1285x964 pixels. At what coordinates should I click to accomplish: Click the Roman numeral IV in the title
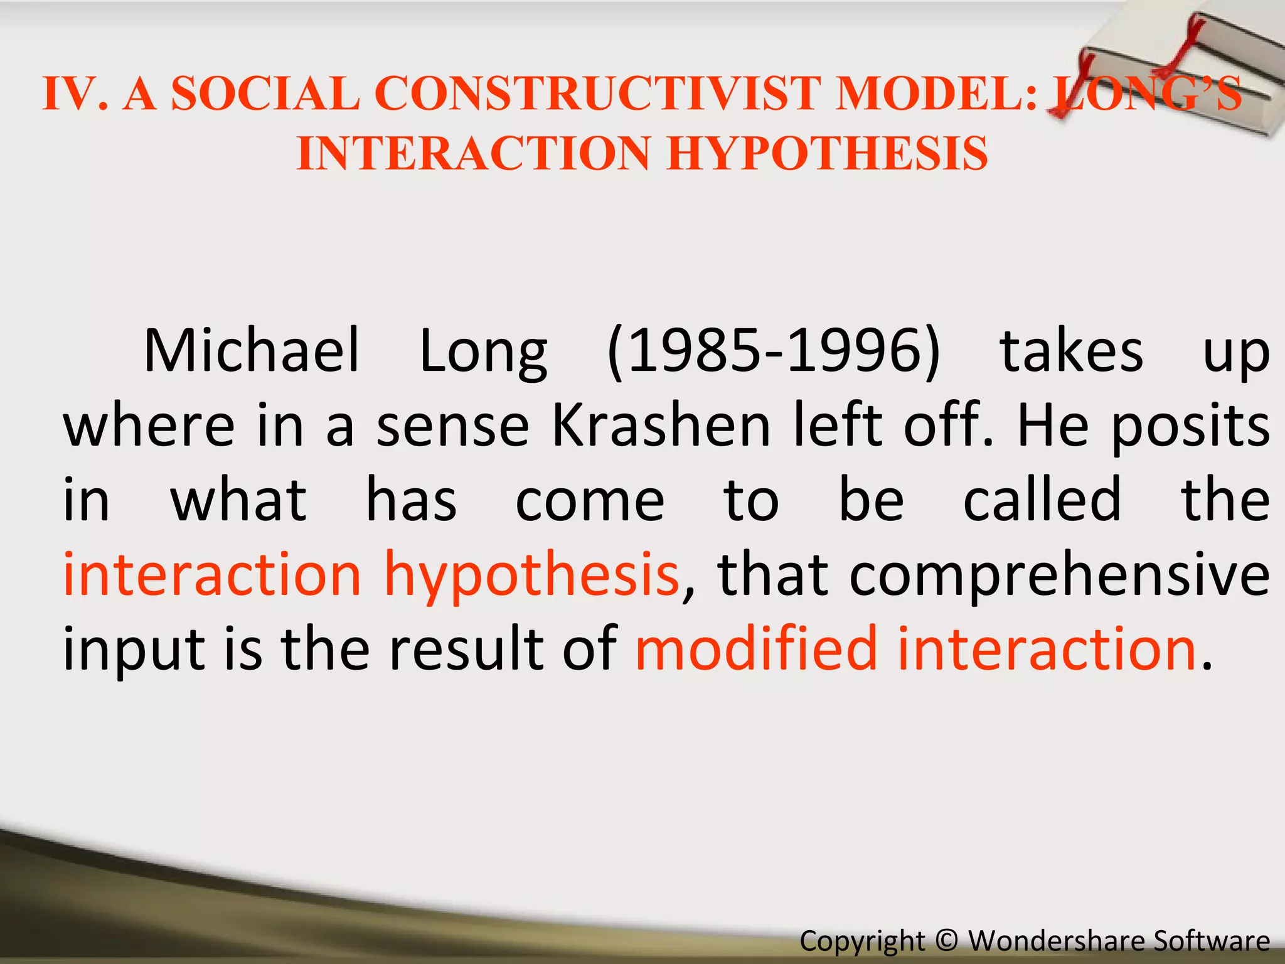pos(70,94)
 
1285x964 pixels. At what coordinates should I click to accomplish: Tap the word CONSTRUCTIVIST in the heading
pos(597,94)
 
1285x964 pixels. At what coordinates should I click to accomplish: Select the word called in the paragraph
pos(1042,500)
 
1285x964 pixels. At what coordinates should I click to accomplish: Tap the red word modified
pos(755,649)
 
